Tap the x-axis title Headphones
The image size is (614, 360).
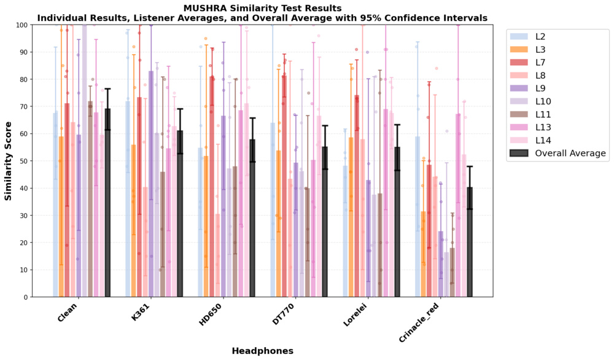tap(262, 351)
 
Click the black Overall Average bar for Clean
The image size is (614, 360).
tap(108, 203)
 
